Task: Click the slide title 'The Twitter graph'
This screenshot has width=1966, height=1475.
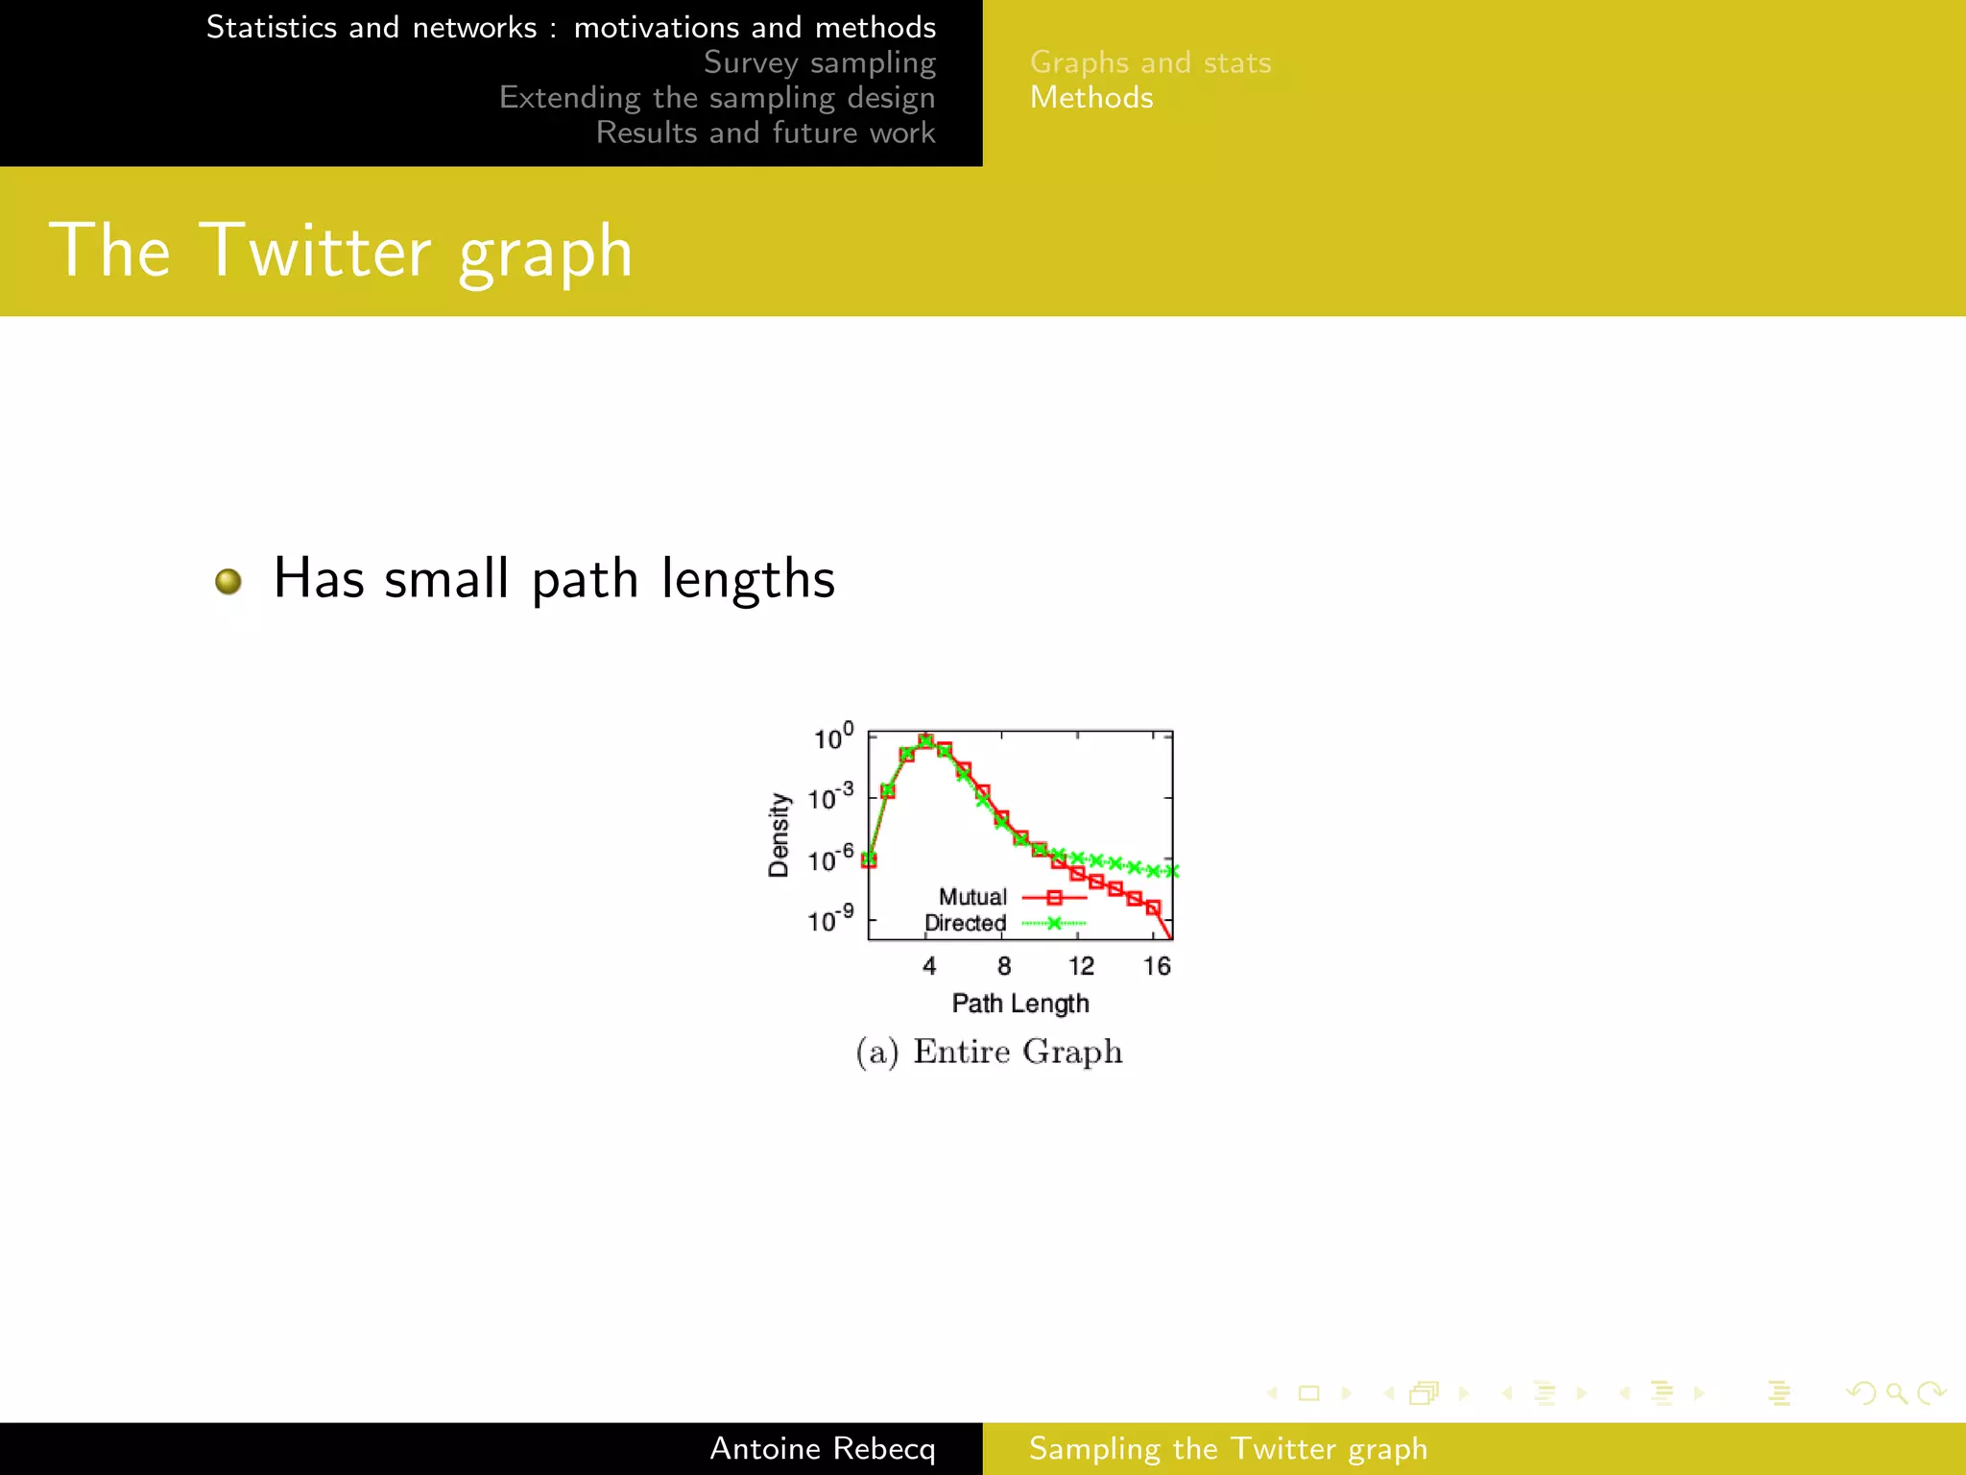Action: pos(341,251)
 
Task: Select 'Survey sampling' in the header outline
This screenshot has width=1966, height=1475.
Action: pos(819,62)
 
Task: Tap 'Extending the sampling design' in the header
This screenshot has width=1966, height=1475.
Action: pos(716,98)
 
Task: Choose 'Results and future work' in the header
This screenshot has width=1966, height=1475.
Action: pos(765,133)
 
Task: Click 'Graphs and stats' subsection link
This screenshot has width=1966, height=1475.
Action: pos(1150,62)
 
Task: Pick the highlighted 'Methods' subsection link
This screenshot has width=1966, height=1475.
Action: pos(1091,98)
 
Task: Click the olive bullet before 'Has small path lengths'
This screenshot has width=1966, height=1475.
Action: pos(228,581)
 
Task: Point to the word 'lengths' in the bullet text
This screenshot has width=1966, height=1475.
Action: pos(748,579)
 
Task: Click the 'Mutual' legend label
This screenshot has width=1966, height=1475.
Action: pos(972,897)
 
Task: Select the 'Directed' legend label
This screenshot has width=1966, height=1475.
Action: pos(965,923)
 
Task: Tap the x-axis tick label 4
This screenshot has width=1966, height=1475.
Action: pos(928,966)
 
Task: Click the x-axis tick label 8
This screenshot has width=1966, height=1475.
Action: pos(1003,966)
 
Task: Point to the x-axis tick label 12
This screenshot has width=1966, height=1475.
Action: pos(1081,966)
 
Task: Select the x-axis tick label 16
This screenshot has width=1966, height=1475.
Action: pos(1157,966)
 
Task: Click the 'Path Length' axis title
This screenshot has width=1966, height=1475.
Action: pos(1020,1003)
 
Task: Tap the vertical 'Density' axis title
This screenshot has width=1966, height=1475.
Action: pos(779,834)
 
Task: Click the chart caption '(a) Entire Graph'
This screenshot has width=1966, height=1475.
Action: pos(989,1052)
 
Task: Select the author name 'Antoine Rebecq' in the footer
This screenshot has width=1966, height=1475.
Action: pos(822,1448)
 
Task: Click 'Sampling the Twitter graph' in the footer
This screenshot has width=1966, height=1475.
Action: pos(1228,1448)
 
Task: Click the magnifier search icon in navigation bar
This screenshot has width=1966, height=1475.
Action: pos(1896,1392)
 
